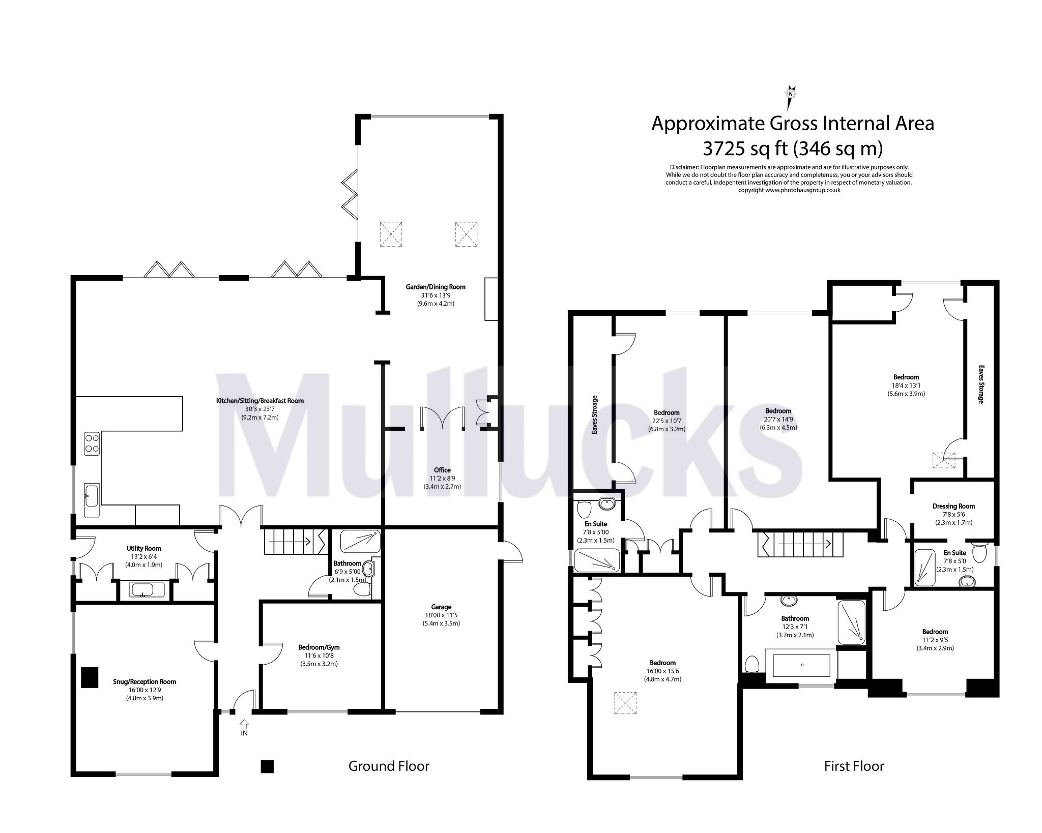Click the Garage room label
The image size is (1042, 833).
pyautogui.click(x=441, y=607)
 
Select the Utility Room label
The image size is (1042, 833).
pyautogui.click(x=144, y=548)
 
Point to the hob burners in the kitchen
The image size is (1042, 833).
pyautogui.click(x=92, y=442)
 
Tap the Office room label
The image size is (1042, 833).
pyautogui.click(x=442, y=470)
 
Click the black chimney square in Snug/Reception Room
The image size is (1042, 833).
pyautogui.click(x=90, y=677)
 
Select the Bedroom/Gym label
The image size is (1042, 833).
pyautogui.click(x=319, y=647)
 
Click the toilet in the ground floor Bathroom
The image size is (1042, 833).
pyautogui.click(x=362, y=589)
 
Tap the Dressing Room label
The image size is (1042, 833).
pyautogui.click(x=953, y=506)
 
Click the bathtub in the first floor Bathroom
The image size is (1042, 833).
pyautogui.click(x=801, y=665)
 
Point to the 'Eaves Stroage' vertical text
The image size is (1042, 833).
pyautogui.click(x=594, y=414)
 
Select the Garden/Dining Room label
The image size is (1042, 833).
pyautogui.click(x=435, y=287)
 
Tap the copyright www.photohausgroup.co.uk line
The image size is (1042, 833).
pyautogui.click(x=789, y=190)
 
